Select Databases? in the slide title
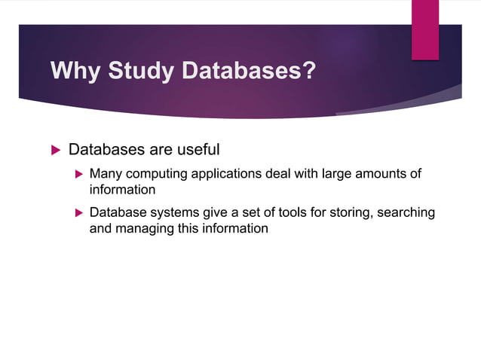click(x=251, y=72)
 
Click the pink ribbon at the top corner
click(x=424, y=29)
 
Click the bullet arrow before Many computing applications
click(x=77, y=175)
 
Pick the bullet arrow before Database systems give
click(x=77, y=213)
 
